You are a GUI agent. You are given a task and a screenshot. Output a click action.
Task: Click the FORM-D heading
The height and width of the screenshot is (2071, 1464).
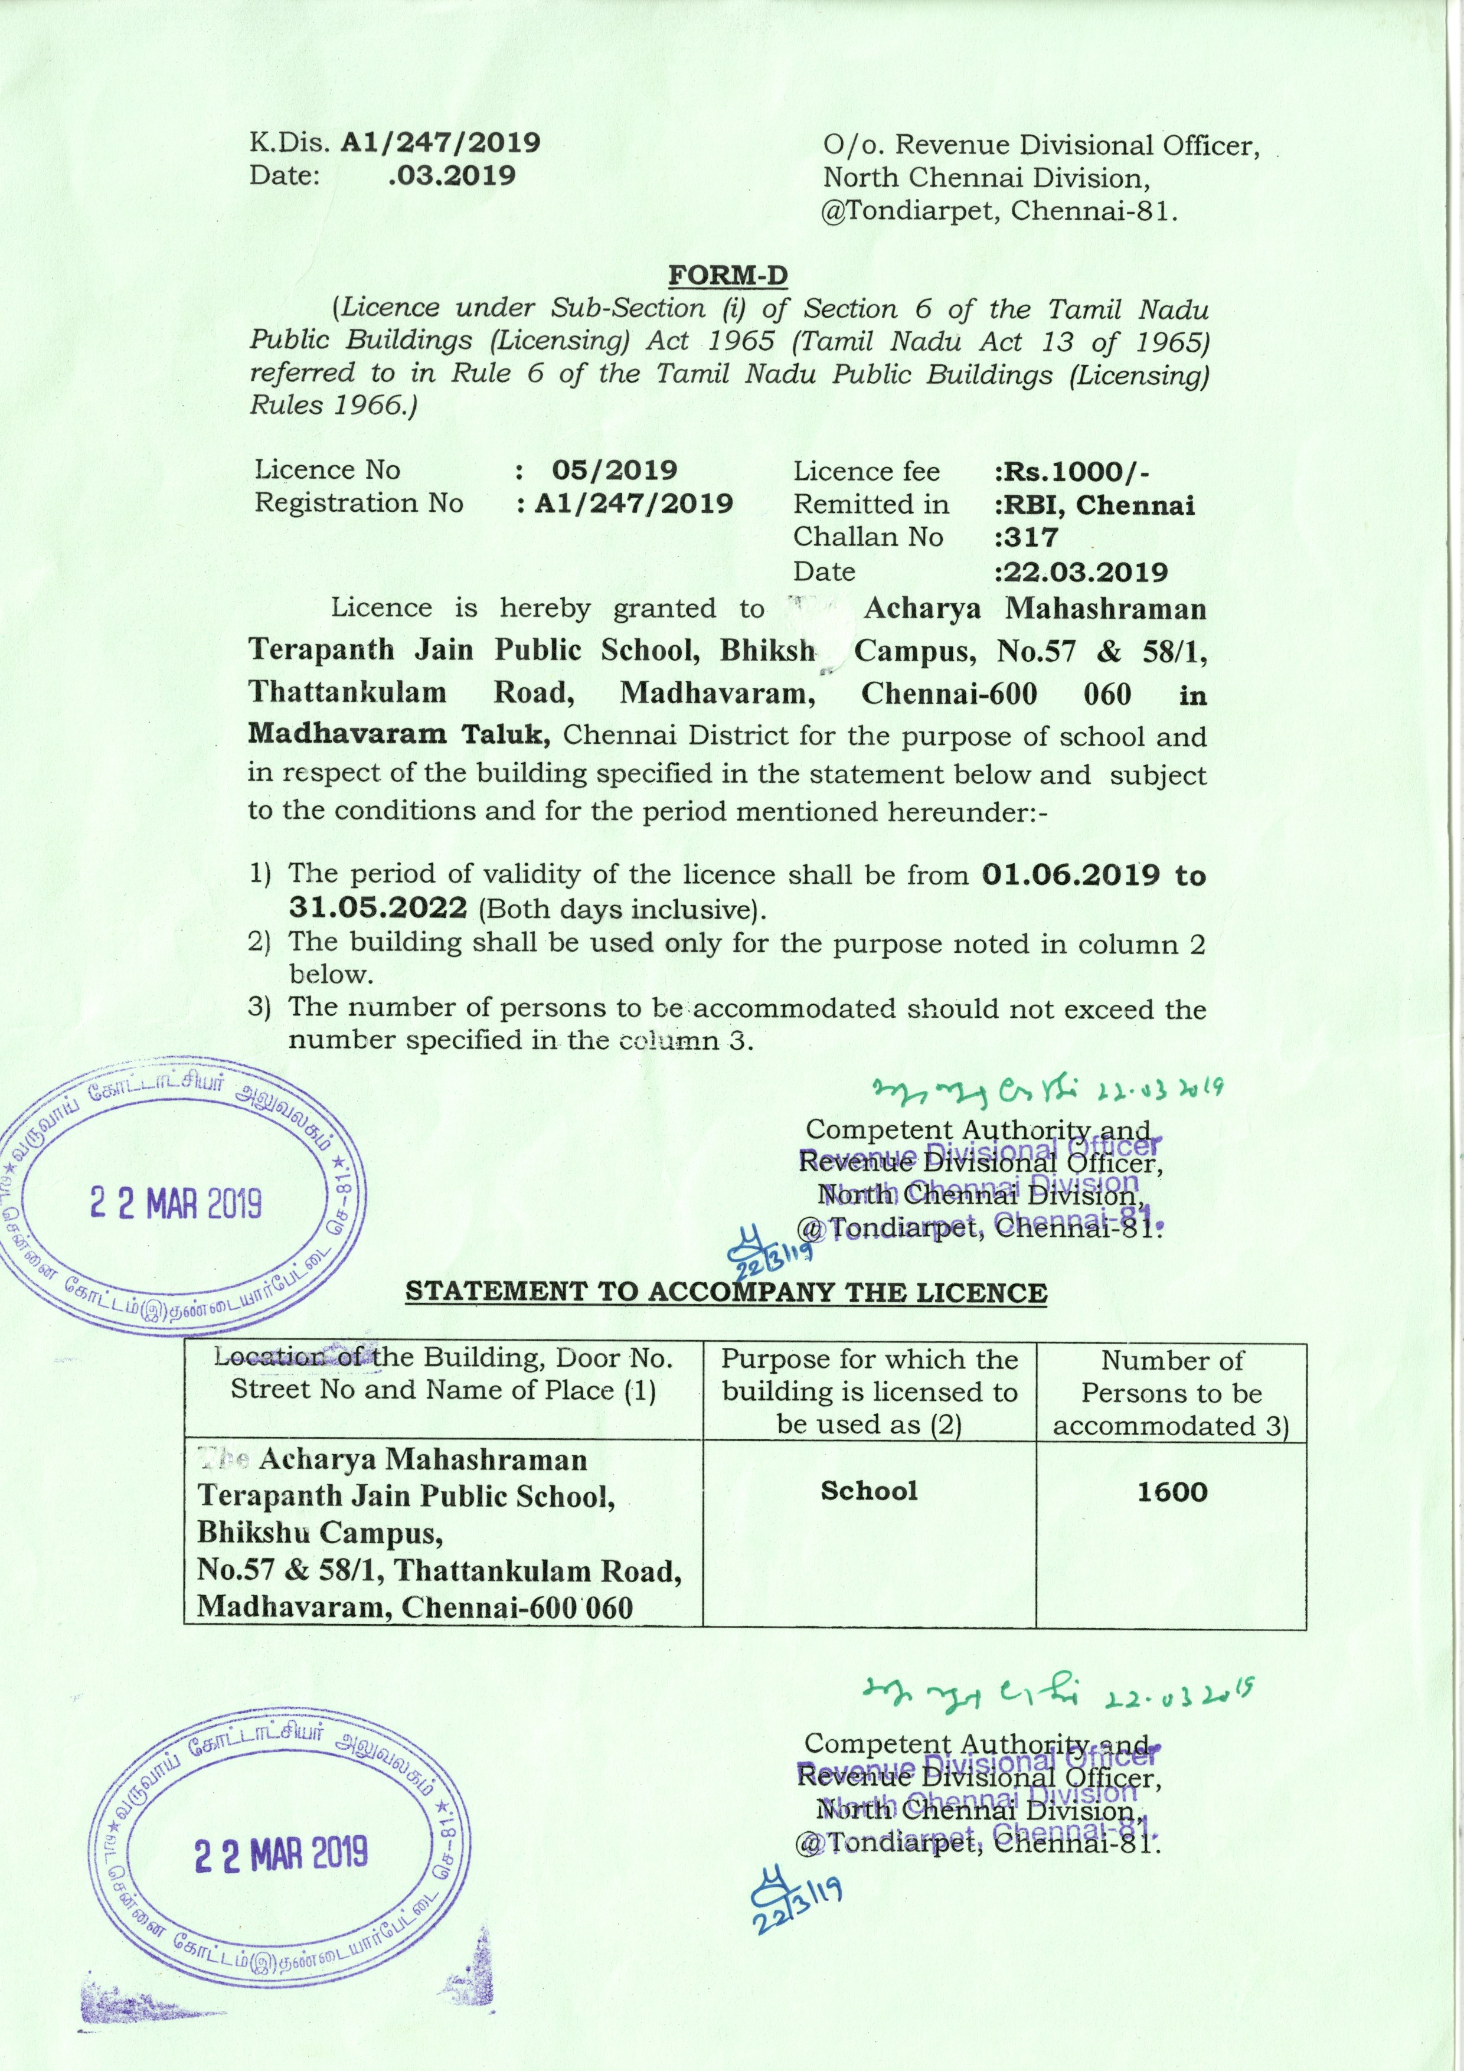(x=727, y=273)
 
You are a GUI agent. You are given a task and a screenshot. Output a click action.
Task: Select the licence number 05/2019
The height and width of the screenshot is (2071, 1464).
(x=615, y=470)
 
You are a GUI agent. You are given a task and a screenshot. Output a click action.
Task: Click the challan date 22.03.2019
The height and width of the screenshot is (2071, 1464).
(x=1081, y=573)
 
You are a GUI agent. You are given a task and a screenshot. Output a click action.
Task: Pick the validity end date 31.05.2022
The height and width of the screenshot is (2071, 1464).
(x=378, y=907)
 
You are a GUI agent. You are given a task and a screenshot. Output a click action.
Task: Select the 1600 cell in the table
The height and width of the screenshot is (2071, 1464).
(x=1171, y=1491)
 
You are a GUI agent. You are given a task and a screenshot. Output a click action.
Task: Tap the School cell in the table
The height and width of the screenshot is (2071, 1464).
(x=868, y=1490)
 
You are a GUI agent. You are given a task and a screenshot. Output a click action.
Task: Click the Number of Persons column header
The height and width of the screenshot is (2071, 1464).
(x=1171, y=1393)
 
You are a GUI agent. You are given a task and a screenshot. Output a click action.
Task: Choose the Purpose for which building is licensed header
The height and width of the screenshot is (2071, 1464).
(x=868, y=1392)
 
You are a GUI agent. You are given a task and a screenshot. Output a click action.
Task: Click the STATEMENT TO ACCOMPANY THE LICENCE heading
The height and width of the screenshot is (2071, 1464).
(x=726, y=1292)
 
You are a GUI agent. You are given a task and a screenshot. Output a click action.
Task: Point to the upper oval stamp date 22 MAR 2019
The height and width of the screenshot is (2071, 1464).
(x=176, y=1203)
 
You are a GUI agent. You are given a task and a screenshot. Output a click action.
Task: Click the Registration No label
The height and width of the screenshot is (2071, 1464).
(x=359, y=502)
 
